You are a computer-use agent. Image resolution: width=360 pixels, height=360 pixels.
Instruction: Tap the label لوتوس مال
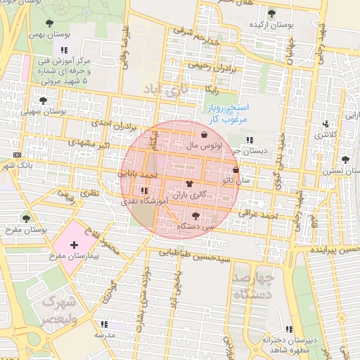(x=205, y=146)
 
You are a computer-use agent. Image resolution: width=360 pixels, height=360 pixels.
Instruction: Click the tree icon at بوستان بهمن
(x=49, y=22)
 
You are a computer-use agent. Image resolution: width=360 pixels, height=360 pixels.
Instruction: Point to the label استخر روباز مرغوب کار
(x=229, y=113)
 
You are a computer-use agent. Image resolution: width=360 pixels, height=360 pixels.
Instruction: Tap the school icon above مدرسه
(x=104, y=325)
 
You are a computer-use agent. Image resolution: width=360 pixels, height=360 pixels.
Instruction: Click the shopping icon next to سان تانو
(x=235, y=170)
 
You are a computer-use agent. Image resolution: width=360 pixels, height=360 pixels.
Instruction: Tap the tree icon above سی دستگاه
(x=195, y=216)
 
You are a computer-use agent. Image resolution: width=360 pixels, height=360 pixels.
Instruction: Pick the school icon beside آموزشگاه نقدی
(x=144, y=191)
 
